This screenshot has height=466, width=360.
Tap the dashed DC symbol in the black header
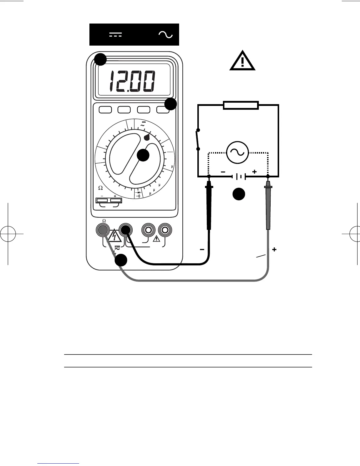tap(116, 35)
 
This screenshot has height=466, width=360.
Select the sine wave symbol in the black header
tap(166, 35)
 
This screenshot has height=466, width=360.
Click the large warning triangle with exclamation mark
tap(242, 61)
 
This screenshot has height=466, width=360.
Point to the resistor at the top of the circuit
tap(241, 105)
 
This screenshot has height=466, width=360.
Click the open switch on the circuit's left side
tap(198, 139)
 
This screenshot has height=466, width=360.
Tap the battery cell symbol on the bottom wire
tap(239, 177)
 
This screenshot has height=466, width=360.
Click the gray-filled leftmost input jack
tap(102, 230)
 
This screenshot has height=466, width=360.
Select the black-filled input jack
tap(125, 230)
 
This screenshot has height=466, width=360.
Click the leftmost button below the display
tap(105, 110)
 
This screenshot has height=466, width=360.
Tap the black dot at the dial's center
tap(143, 155)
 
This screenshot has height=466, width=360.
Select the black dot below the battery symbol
tap(239, 194)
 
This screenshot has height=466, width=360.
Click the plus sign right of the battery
tap(254, 172)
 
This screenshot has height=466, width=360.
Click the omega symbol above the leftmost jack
tap(104, 221)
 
